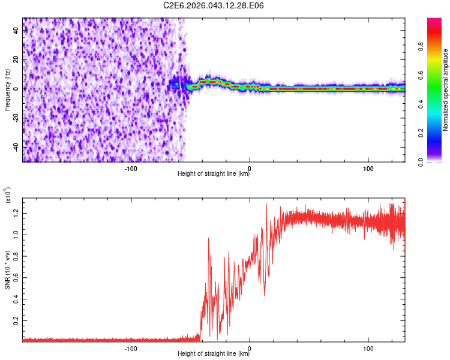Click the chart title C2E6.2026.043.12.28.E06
[214, 5]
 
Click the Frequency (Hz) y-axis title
[7, 90]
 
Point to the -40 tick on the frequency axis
[15, 148]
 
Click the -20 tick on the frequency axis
[15, 118]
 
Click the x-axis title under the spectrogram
[214, 175]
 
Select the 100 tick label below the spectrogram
[368, 167]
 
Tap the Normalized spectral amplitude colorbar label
[446, 90]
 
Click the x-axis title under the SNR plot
[214, 354]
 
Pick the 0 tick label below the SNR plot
[250, 347]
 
